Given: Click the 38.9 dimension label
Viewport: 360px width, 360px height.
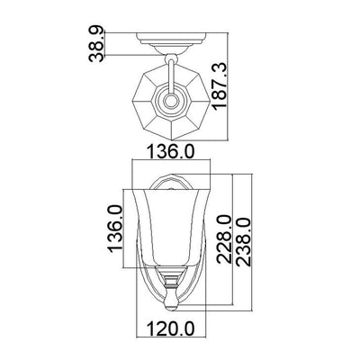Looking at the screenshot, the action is click(x=96, y=44).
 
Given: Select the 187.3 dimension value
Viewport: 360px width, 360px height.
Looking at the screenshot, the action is click(x=220, y=86).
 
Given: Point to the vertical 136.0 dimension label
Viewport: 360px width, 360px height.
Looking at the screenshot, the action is click(x=115, y=229).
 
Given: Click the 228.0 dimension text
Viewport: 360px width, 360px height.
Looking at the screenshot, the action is click(x=224, y=239).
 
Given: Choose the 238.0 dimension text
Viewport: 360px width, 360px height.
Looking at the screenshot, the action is click(x=243, y=242).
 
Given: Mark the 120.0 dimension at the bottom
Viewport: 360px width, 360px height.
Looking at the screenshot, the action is click(x=170, y=328).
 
